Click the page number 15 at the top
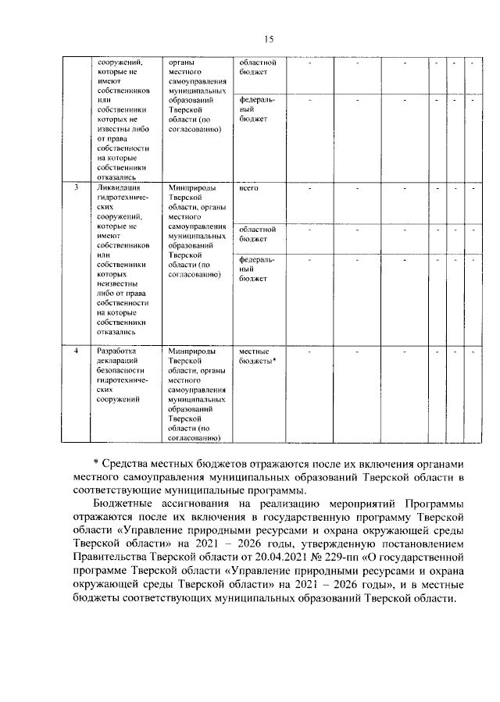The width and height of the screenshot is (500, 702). tap(268, 40)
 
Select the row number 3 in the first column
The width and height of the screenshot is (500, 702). tap(76, 189)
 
